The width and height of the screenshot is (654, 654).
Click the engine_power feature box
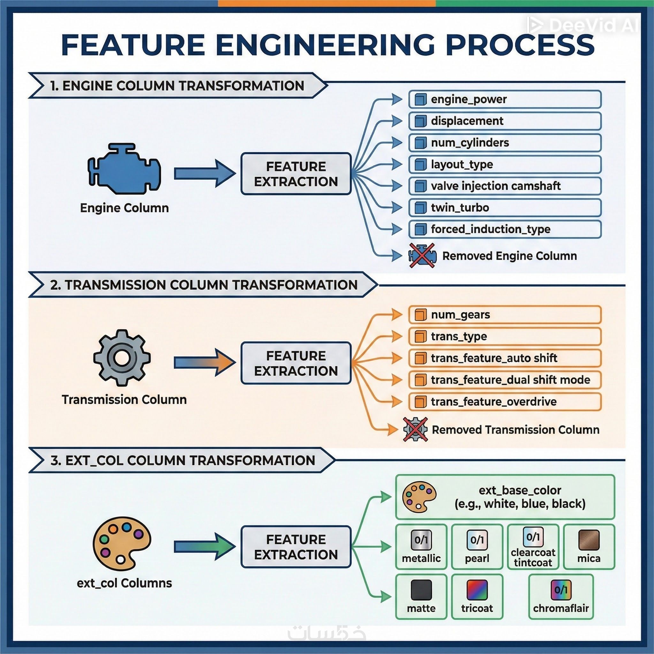tap(504, 99)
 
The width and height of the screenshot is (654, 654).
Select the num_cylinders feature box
tap(504, 142)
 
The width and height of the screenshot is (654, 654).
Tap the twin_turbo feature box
tap(504, 208)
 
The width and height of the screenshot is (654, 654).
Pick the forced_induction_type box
tap(504, 229)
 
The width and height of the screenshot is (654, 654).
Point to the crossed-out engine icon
tap(422, 255)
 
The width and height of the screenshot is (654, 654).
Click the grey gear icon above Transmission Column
tap(122, 358)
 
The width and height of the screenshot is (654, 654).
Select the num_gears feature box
tap(504, 315)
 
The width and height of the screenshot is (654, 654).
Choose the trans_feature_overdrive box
tap(504, 401)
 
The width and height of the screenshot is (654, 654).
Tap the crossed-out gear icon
tap(415, 429)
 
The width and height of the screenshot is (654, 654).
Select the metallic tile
tap(421, 547)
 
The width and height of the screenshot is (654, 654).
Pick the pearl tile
tap(477, 547)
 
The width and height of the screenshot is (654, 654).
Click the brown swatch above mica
tap(589, 540)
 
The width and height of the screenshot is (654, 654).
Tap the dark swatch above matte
tap(421, 590)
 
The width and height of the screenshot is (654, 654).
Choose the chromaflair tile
tap(560, 597)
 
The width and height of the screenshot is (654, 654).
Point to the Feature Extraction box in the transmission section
tap(296, 363)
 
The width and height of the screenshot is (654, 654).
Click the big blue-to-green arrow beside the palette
tap(204, 547)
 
